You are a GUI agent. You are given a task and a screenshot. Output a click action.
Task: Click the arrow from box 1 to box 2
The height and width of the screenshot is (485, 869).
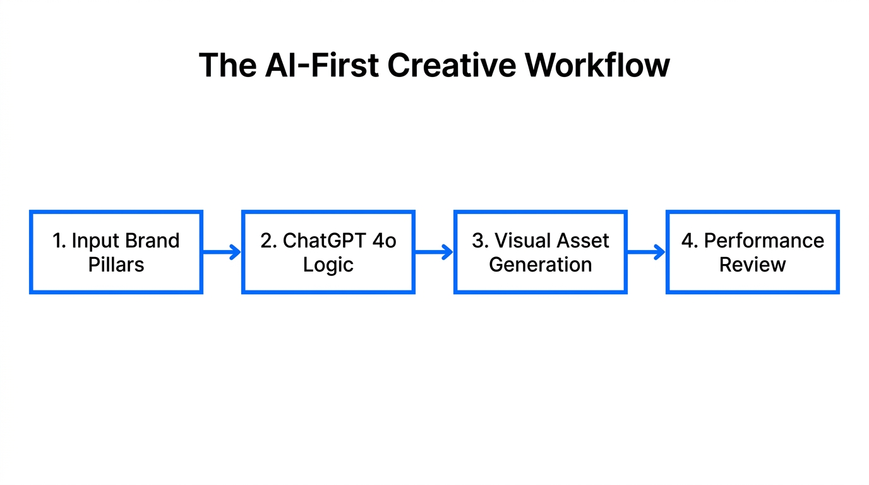[222, 253]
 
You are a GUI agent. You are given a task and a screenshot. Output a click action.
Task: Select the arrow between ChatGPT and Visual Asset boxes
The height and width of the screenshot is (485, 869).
[434, 253]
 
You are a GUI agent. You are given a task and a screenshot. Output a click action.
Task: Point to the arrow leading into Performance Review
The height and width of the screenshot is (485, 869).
[646, 253]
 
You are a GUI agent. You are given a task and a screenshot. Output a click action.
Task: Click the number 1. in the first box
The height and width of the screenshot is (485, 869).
[59, 241]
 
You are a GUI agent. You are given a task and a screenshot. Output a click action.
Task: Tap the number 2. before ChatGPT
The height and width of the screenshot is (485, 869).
[269, 241]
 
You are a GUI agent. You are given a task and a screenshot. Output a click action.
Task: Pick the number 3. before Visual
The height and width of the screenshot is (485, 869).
[480, 241]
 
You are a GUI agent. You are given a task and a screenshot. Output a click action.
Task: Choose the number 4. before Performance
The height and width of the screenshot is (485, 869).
[690, 241]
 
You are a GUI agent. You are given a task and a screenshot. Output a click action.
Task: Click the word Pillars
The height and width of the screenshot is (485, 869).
[116, 265]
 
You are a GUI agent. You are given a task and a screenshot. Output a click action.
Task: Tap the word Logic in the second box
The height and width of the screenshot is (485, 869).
[328, 265]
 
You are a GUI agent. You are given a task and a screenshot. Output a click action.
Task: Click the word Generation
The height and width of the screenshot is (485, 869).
[540, 265]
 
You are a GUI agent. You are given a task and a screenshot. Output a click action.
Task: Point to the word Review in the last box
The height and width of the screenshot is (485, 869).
[752, 265]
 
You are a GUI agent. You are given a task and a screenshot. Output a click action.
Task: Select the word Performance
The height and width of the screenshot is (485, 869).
[764, 241]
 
